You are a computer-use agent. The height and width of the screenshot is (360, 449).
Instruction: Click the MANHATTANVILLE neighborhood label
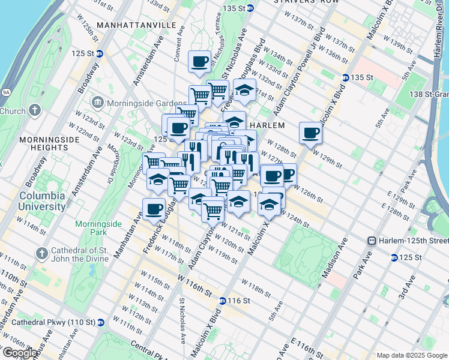[x=136, y=26]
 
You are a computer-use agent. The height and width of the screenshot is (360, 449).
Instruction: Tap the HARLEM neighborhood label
[x=267, y=125]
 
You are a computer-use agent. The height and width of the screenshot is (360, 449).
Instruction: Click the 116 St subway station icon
[x=222, y=301]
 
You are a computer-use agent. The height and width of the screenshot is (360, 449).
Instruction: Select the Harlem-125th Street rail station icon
[x=372, y=241]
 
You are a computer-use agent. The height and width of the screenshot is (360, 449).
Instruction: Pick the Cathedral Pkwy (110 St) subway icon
[x=101, y=322]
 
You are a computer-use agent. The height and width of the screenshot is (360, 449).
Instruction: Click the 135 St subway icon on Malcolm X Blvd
[x=345, y=77]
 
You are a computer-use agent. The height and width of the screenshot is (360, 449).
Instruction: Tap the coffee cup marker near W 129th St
[x=310, y=133]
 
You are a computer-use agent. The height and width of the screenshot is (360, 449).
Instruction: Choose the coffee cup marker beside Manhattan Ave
[x=154, y=209]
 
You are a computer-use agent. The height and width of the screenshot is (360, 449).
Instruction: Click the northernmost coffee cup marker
[x=199, y=61]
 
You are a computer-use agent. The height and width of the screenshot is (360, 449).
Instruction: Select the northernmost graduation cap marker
[x=244, y=91]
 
